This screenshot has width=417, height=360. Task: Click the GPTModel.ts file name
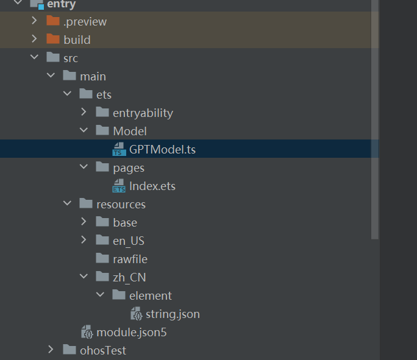point(162,149)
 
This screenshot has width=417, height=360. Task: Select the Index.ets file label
point(152,186)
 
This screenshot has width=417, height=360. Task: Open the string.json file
point(173,314)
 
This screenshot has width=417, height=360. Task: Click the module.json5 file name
point(131,333)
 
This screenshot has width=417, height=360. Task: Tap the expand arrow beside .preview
point(34,21)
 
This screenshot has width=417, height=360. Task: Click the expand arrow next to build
point(34,39)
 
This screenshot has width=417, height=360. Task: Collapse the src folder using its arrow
point(34,57)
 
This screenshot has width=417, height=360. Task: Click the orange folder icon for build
point(53,39)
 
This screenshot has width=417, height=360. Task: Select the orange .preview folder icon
point(53,21)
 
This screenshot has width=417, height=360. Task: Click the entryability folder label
point(143,113)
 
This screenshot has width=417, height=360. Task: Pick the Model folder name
point(130,131)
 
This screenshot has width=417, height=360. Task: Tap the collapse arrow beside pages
point(84,166)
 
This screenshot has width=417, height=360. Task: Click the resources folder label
point(121,205)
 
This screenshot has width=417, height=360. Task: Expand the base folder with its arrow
point(84,222)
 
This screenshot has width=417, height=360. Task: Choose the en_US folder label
point(129,241)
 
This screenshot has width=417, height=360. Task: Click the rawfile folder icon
point(102,258)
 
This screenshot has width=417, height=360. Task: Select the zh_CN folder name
point(129,278)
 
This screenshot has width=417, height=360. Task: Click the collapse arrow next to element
point(100,294)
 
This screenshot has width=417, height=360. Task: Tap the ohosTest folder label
point(103,351)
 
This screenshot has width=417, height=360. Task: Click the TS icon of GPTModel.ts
point(119,149)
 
